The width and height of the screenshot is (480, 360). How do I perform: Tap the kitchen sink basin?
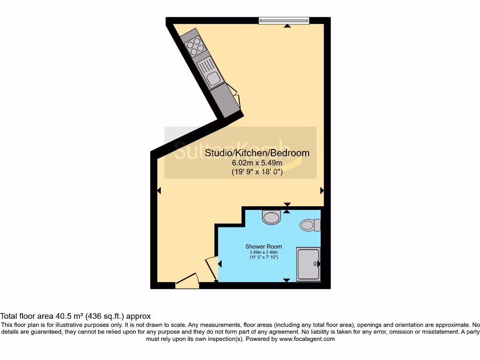click(x=213, y=79)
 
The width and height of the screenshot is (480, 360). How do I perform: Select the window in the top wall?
click(x=284, y=20)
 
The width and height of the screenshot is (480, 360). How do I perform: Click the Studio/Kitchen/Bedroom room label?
click(x=257, y=153)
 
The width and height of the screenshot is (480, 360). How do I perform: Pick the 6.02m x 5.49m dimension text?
click(x=257, y=163)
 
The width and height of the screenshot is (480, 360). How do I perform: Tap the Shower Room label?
click(x=264, y=247)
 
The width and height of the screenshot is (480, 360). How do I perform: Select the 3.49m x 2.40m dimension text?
click(x=264, y=252)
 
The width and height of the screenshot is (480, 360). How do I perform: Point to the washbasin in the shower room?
click(x=271, y=217)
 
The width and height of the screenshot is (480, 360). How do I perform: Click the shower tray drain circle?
click(x=315, y=264)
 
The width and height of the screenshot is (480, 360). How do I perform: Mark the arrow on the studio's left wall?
click(x=159, y=191)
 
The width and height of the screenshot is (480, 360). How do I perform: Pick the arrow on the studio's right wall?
click(x=322, y=191)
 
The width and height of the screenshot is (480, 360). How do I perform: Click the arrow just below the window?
click(x=287, y=25)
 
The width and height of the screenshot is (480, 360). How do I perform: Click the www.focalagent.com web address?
click(x=307, y=339)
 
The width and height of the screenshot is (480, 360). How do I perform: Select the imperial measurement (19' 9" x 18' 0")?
click(x=257, y=172)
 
